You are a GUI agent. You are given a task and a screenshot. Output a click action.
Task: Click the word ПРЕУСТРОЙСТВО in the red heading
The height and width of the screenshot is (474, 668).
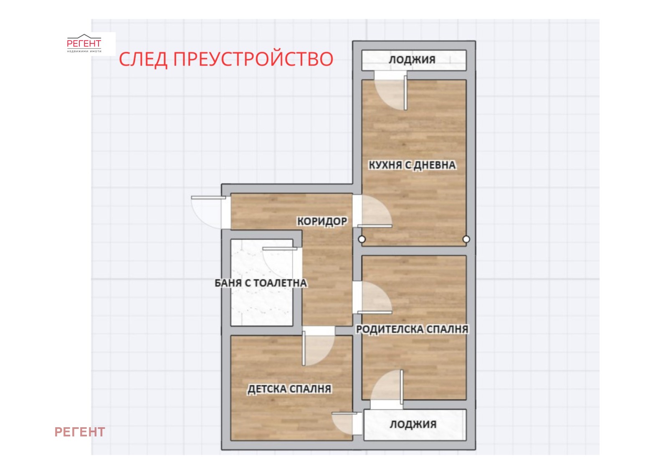253,59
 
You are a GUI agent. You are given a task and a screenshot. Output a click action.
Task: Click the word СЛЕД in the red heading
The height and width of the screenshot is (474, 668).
143,59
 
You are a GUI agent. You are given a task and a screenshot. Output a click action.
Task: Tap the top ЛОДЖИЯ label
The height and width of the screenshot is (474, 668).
412,60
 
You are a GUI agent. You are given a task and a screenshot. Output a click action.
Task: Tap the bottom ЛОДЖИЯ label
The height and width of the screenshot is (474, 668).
413,424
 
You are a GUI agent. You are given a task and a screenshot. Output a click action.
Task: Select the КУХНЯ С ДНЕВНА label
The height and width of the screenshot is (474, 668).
412,165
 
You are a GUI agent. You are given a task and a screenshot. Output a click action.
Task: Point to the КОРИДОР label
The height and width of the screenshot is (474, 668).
322,221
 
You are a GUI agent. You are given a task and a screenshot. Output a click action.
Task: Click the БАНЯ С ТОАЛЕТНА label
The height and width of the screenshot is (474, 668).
261,283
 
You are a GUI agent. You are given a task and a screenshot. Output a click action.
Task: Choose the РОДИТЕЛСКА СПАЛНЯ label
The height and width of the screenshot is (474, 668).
412,329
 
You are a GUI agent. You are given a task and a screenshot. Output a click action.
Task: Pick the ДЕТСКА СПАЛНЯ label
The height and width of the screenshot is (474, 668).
289,389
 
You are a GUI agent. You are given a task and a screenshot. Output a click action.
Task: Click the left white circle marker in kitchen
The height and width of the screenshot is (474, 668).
362,239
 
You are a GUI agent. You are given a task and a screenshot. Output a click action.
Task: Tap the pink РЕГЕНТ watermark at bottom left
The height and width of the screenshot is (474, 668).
80,432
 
